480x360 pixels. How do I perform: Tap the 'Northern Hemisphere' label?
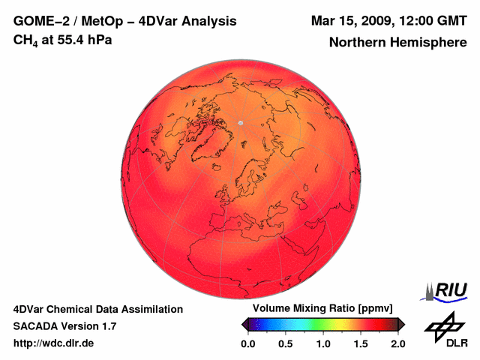tap(397, 43)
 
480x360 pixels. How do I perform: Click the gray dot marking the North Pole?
tap(241, 122)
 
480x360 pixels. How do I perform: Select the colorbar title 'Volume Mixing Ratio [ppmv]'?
tap(322, 309)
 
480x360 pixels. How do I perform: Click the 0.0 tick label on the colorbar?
tap(247, 343)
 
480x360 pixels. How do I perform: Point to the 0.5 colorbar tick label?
tap(285, 343)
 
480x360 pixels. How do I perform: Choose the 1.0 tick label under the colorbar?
tap(322, 343)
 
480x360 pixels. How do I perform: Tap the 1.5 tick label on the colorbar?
tap(360, 343)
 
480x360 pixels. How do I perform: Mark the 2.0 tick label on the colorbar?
tap(397, 343)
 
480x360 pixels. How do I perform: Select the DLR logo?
tap(445, 330)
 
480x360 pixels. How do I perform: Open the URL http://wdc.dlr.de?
tap(54, 343)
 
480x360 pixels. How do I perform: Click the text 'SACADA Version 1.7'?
tap(64, 326)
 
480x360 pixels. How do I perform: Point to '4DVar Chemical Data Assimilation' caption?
tap(97, 309)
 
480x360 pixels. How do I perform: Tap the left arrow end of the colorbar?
tap(244, 324)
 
